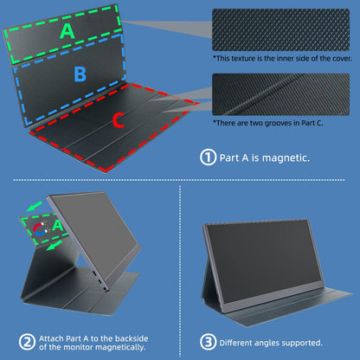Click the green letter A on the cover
67,31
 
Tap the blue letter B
80,74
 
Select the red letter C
119,120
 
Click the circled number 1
208,157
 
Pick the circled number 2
27,342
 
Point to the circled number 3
208,342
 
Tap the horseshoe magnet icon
41,228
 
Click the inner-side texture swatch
280,29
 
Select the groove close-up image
280,94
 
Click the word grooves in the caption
278,124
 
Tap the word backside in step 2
132,338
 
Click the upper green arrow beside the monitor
34,206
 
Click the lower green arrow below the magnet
55,245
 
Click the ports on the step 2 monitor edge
100,280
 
